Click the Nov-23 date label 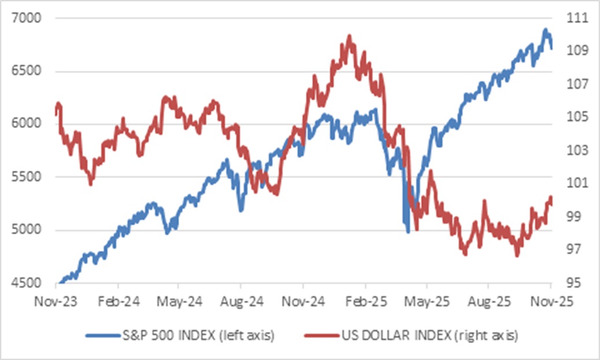click(x=56, y=301)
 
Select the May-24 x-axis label click(x=179, y=301)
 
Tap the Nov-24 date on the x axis click(x=303, y=301)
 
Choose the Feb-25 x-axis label click(x=365, y=301)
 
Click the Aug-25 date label click(x=488, y=301)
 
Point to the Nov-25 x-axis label click(x=550, y=301)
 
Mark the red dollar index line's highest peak click(x=349, y=36)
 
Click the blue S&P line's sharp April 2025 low click(x=408, y=232)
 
